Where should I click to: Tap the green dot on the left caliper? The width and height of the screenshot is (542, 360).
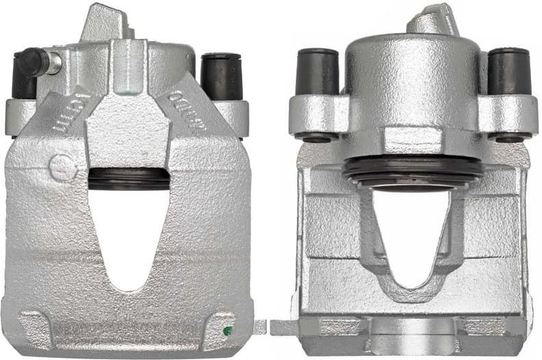tap(227, 331)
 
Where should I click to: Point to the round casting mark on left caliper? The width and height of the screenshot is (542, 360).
tap(60, 166)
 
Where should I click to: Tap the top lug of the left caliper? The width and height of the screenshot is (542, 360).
tap(103, 24)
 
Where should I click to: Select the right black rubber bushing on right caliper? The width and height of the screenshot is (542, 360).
tap(508, 71)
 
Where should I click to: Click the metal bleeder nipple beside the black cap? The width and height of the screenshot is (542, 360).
tap(54, 63)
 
